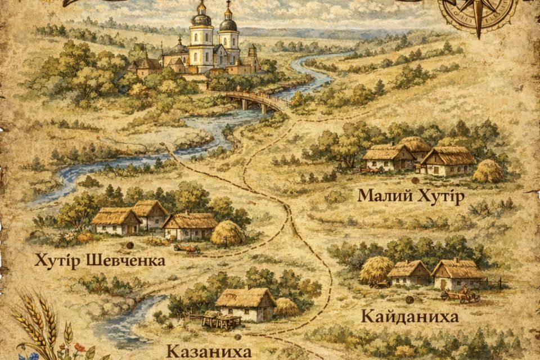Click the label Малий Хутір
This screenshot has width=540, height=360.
pos(411,197)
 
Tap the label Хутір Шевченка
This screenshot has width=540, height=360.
pos(100,260)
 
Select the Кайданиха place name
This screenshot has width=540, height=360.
pos(409,317)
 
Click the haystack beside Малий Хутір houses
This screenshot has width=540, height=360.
pos(488,172)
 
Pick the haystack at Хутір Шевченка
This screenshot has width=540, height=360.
pos(227,232)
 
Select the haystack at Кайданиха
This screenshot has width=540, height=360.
pos(376,269)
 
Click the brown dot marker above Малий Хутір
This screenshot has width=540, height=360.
pos(415,181)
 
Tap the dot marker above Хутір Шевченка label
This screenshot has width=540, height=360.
pos(129,245)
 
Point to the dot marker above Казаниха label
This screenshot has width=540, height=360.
pos(237,337)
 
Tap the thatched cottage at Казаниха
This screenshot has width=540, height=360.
pos(246,304)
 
